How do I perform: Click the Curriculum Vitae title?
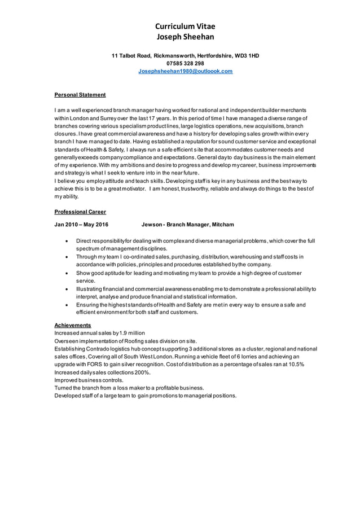click(185, 27)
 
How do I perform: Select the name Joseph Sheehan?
click(185, 37)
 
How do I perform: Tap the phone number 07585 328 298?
click(185, 64)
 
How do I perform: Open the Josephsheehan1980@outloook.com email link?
click(185, 72)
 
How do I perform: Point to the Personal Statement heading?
click(80, 95)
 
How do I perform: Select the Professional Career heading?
click(80, 212)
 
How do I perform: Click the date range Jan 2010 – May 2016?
click(81, 225)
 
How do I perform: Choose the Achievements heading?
click(72, 325)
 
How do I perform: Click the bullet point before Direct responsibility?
click(67, 241)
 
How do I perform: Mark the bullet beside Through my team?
click(67, 257)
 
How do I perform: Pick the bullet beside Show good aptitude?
click(67, 273)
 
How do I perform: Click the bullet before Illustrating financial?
click(67, 289)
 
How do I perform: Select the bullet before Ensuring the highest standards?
click(67, 305)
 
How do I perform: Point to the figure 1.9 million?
click(132, 333)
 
